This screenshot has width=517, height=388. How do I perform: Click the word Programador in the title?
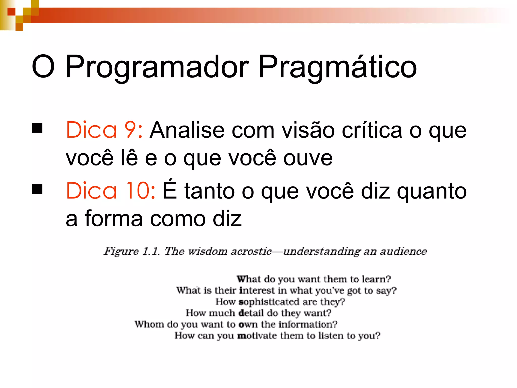pos(157,67)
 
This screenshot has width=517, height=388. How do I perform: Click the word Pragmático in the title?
pos(337,67)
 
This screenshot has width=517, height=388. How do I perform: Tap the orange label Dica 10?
pos(111,190)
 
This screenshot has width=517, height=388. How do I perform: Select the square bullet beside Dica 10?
pos(37,189)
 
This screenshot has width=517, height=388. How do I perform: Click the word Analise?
pos(187,130)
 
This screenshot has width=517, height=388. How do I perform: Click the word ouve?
pos(308,158)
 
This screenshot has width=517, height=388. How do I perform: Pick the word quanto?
pos(432,191)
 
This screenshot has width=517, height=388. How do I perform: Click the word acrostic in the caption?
pos(251,251)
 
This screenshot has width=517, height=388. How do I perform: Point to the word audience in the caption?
pos(403,251)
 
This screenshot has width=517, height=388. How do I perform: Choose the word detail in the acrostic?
pos(251,313)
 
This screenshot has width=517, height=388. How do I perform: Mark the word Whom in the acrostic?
pos(149,324)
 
